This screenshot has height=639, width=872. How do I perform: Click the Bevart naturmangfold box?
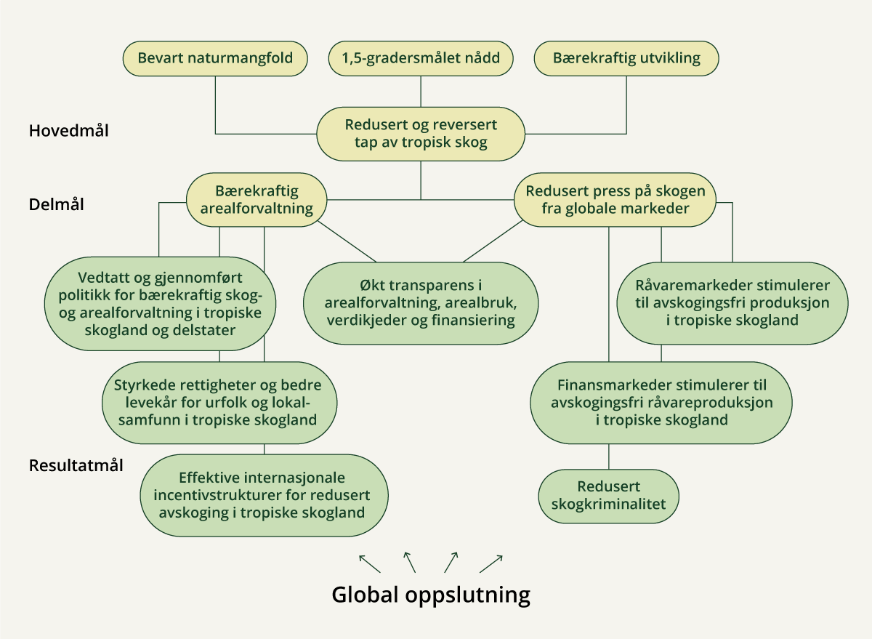coord(215,58)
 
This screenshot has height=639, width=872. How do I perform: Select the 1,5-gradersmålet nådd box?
coord(421,58)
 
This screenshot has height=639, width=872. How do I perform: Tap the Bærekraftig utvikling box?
coord(626,58)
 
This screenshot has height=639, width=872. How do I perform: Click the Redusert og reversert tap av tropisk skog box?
coord(421,133)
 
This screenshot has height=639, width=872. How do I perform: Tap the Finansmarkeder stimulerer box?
coord(661,402)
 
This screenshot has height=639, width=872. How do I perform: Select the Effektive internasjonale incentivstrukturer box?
coord(264,495)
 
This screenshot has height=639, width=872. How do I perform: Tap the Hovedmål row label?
coord(69,132)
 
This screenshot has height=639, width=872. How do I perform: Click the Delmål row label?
coord(57,204)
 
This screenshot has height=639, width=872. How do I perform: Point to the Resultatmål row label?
coord(76,465)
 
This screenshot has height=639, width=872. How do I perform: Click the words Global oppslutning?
coord(431,595)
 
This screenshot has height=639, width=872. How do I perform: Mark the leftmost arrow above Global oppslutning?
coord(368,563)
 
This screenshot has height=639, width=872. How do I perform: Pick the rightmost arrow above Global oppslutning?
coord(491,563)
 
